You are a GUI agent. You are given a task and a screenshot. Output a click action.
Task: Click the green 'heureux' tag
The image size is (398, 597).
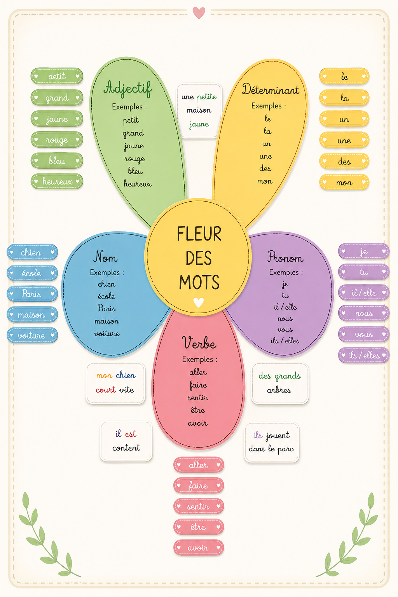pyautogui.click(x=57, y=182)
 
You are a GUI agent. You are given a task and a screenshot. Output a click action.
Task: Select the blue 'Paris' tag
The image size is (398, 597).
pyautogui.click(x=32, y=294)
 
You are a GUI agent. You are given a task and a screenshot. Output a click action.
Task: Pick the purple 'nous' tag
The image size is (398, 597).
pyautogui.click(x=364, y=313)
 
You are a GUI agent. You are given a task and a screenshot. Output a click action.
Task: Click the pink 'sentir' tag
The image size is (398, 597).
pyautogui.click(x=199, y=506)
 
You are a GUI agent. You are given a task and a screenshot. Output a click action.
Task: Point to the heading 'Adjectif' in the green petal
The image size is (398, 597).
pyautogui.click(x=128, y=89)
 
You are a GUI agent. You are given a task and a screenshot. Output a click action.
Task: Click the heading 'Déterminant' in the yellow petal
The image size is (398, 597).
pyautogui.click(x=271, y=89)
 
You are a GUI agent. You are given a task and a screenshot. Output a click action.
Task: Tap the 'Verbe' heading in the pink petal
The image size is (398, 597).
pyautogui.click(x=199, y=342)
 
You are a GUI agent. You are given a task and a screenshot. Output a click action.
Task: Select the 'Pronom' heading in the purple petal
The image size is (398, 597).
pyautogui.click(x=285, y=257)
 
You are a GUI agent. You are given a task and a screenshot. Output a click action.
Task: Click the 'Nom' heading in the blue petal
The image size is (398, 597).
pyautogui.click(x=105, y=257)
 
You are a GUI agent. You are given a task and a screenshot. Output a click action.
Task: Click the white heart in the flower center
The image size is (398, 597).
pyautogui.click(x=199, y=302)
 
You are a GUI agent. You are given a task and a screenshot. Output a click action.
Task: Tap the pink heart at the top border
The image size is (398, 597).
pyautogui.click(x=199, y=13)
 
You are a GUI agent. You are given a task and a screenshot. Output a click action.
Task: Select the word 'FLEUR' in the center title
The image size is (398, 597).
pyautogui.click(x=199, y=234)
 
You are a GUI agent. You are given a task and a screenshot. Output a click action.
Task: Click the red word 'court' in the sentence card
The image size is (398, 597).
pyautogui.click(x=106, y=390)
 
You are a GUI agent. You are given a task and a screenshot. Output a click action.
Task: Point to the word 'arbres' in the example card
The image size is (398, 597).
pyautogui.click(x=279, y=391)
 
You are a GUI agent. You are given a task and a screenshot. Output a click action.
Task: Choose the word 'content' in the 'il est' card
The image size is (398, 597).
pyautogui.click(x=126, y=448)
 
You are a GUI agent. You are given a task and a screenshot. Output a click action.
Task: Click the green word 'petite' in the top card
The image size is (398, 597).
pyautogui.click(x=207, y=97)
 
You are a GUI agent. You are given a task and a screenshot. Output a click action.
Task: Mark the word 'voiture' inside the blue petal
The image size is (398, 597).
pyautogui.click(x=106, y=333)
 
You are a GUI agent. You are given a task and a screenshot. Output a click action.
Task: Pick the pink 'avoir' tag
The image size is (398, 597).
pyautogui.click(x=199, y=548)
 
